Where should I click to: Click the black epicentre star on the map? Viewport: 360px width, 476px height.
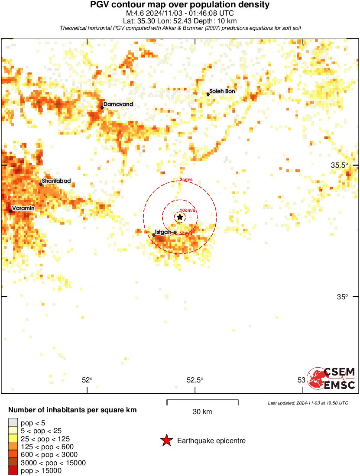pos(180,217)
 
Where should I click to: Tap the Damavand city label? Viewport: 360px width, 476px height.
pos(118,104)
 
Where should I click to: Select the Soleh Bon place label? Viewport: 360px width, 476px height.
pos(222,91)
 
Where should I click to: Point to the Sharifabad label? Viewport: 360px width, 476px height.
pos(56,181)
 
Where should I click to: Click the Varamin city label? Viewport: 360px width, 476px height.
pos(23,208)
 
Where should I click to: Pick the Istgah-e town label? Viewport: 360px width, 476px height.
pos(165,232)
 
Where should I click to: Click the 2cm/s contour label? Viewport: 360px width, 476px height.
pos(186,180)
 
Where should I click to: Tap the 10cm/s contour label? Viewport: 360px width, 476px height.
pos(188,210)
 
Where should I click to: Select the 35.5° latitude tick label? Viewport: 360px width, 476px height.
pos(339,165)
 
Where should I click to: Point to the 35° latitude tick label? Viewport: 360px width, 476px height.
pos(343,297)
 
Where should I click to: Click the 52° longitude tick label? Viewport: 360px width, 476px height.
pos(87,380)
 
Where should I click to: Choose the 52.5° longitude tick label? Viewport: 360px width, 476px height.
pos(195,380)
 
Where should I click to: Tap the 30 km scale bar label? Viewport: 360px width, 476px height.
pos(202,412)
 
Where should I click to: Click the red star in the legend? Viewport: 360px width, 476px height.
pos(166,441)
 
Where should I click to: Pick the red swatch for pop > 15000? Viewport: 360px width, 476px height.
pos(13,471)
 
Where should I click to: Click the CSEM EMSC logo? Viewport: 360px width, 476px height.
pos(332,378)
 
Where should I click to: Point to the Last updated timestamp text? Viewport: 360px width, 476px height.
pos(308,403)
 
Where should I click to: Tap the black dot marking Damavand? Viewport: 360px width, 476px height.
pos(102,107)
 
